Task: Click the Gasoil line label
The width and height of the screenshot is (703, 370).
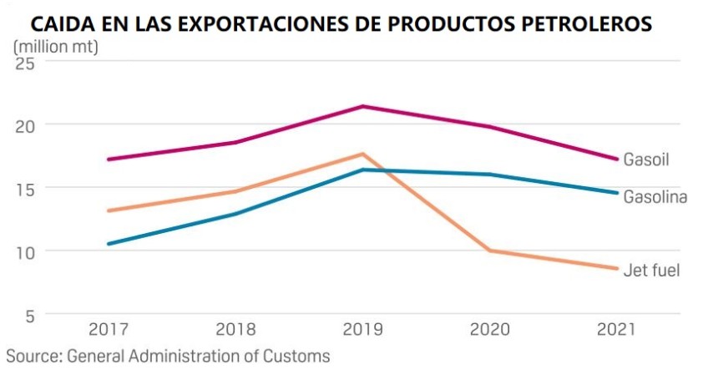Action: tap(647, 159)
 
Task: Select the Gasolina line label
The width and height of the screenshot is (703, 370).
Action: tap(655, 198)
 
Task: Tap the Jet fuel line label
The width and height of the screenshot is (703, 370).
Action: tap(651, 270)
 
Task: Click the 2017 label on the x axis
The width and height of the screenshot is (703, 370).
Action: tap(109, 329)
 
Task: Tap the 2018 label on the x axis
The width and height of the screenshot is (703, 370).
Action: tap(236, 329)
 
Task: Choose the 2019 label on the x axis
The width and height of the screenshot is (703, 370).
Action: tap(362, 329)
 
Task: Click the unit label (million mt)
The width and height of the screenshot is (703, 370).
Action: tap(56, 46)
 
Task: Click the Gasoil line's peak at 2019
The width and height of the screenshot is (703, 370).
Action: tap(362, 106)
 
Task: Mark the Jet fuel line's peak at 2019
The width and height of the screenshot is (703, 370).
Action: tap(362, 154)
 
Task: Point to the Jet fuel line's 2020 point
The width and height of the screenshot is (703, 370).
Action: tap(489, 251)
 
